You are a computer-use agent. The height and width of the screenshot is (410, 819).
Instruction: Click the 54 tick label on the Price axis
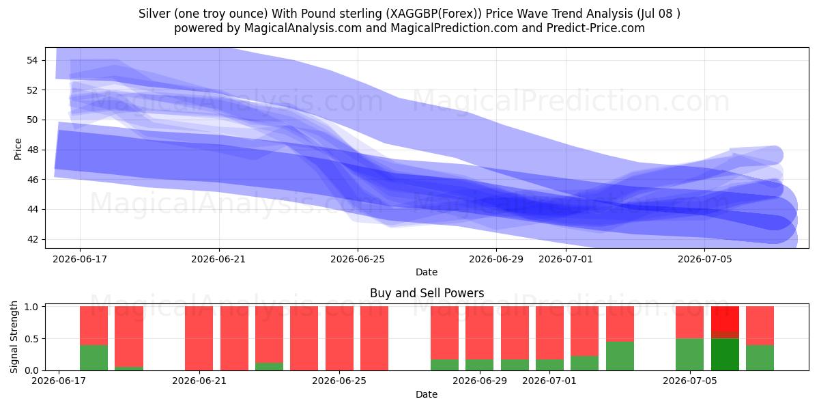(x=32, y=60)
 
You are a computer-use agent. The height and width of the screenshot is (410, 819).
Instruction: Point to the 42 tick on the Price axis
(x=32, y=239)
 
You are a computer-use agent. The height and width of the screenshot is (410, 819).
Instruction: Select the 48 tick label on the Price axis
(x=32, y=150)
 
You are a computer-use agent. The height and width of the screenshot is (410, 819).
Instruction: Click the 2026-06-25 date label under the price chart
(x=358, y=259)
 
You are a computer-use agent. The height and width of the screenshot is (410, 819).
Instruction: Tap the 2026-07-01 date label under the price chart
(x=566, y=259)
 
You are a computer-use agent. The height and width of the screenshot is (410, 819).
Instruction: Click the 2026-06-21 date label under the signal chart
(x=199, y=381)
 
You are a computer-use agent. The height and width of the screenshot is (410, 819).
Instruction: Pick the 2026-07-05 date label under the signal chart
(x=690, y=381)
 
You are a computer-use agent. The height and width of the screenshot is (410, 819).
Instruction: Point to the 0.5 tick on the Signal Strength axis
(x=31, y=339)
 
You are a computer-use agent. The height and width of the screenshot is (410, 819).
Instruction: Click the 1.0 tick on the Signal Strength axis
(x=31, y=307)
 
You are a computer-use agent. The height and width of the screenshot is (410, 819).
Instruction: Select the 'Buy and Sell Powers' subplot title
(x=427, y=293)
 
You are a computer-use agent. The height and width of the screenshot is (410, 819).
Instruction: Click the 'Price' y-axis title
(x=18, y=150)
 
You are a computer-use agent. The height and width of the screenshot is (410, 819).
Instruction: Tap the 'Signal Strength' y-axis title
(x=14, y=337)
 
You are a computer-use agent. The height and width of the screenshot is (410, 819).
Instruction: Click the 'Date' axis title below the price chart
(x=427, y=272)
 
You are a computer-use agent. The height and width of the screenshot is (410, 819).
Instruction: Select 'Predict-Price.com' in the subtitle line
(x=596, y=28)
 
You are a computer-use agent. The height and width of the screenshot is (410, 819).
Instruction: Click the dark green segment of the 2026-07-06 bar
(x=725, y=355)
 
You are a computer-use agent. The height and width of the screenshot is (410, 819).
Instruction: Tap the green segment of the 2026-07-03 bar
(x=620, y=356)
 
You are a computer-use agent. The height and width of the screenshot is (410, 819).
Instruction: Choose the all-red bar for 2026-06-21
(x=199, y=338)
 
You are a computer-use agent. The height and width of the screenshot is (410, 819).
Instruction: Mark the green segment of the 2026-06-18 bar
(x=94, y=357)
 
